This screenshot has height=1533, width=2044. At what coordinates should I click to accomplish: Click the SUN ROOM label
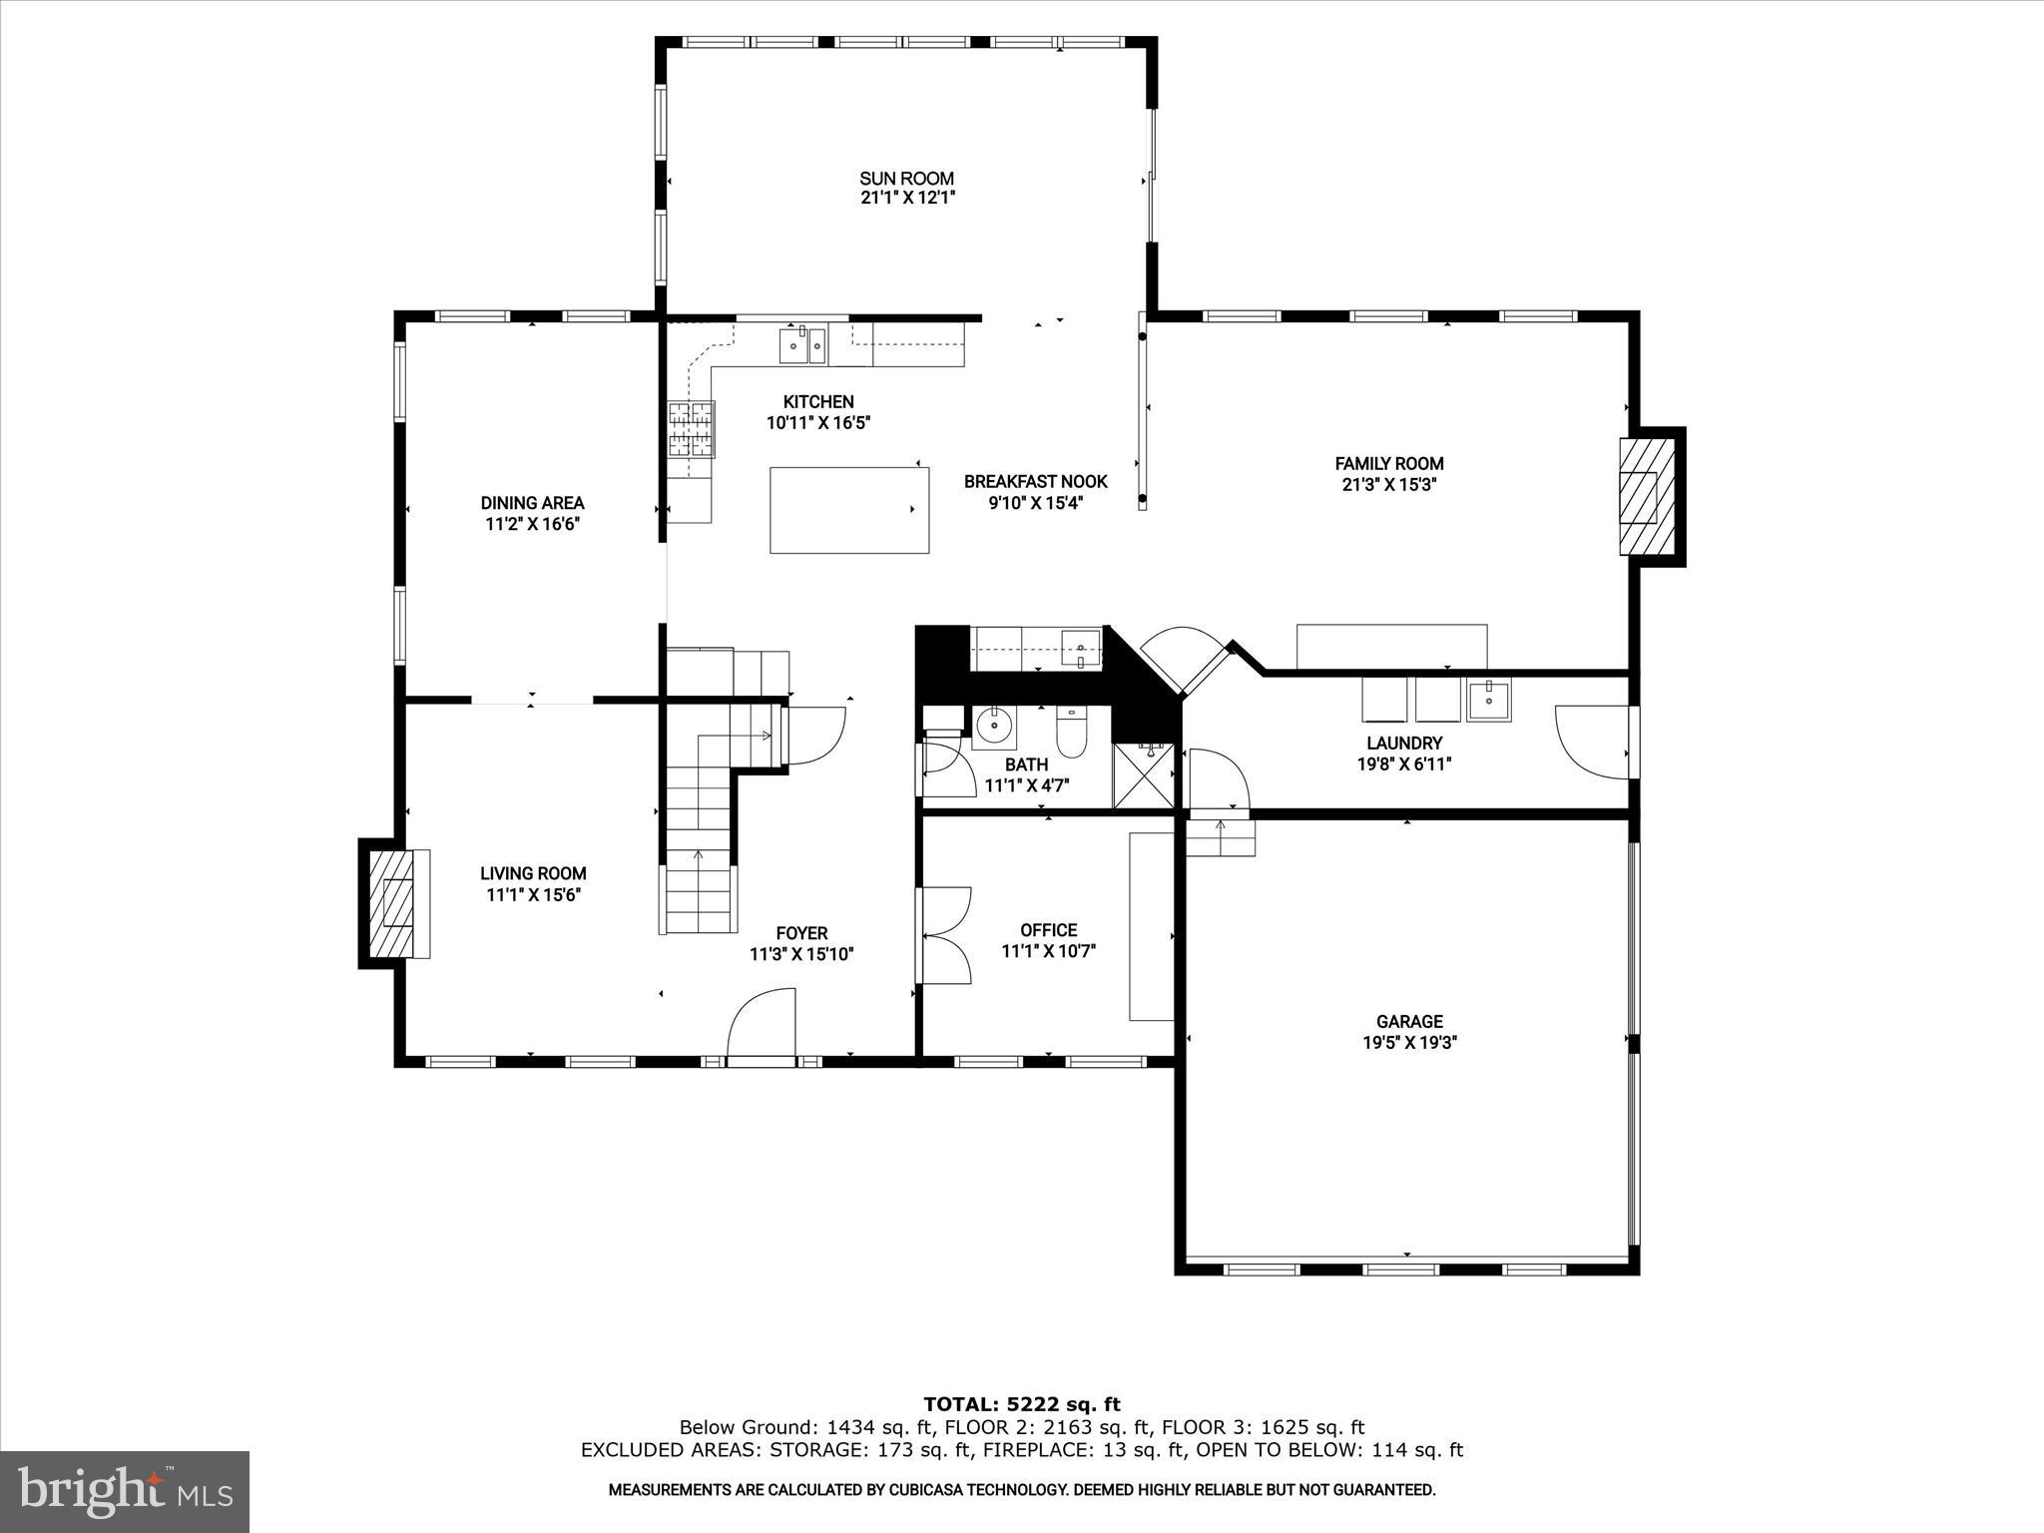click(x=906, y=179)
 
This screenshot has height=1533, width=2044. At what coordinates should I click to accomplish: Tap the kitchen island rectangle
click(x=849, y=510)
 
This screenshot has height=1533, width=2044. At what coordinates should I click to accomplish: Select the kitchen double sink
click(x=802, y=346)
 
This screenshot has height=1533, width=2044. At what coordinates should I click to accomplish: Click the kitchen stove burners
click(x=692, y=429)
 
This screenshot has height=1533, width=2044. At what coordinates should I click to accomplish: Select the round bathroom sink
click(x=993, y=727)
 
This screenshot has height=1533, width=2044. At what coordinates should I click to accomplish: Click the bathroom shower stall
click(x=1144, y=774)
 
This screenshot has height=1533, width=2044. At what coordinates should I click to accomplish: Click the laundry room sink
click(x=1488, y=699)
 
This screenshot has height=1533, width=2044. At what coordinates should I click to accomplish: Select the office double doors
click(x=944, y=935)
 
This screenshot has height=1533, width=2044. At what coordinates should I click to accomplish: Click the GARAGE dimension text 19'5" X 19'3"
click(x=1408, y=1043)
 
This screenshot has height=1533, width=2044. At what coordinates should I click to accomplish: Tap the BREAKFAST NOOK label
click(x=1035, y=482)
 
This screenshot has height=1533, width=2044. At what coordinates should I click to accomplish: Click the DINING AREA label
click(x=532, y=503)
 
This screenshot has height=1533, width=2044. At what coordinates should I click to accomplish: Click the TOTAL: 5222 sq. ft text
click(x=1021, y=1405)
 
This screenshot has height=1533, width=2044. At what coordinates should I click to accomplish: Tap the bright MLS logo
click(x=125, y=1490)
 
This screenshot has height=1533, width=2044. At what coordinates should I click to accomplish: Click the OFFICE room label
click(x=1048, y=930)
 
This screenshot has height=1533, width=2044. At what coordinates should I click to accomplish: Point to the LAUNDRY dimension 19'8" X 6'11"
click(x=1404, y=765)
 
